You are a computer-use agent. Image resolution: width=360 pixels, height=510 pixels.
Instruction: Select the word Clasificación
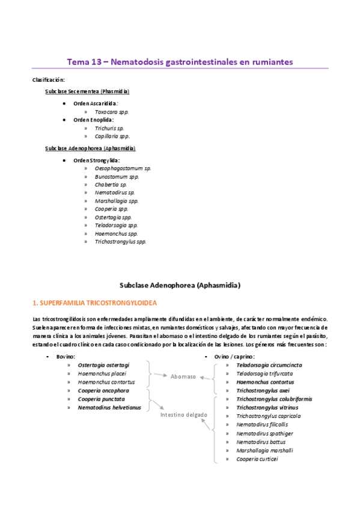pos(49,79)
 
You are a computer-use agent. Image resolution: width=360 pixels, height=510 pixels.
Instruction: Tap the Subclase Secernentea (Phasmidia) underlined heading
pos(87,91)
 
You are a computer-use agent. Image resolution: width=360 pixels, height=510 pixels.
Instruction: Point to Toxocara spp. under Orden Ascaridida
pos(112,111)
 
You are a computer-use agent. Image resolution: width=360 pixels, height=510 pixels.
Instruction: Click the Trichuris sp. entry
pos(109,128)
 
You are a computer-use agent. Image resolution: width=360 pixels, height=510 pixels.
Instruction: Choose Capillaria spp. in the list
pos(112,136)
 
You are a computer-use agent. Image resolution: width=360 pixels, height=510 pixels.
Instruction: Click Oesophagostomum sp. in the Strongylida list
pos(123,168)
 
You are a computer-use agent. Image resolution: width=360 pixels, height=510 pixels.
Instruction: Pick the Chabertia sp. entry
pos(111,185)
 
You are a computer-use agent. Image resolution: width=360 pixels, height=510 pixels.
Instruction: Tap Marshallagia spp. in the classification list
pos(117,201)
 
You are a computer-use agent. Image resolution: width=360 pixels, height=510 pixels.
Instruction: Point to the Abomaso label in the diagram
pos(183,376)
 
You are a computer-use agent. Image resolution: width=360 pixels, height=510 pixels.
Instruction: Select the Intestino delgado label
pos(184,415)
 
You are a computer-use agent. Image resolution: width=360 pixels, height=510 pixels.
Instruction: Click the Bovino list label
pos(66,357)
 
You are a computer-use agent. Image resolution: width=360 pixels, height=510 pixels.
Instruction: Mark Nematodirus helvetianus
pos(109,407)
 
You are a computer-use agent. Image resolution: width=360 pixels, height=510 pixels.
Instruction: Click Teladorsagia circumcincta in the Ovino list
pos(269,365)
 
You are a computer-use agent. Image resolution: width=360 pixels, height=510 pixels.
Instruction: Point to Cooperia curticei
pos(257,459)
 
